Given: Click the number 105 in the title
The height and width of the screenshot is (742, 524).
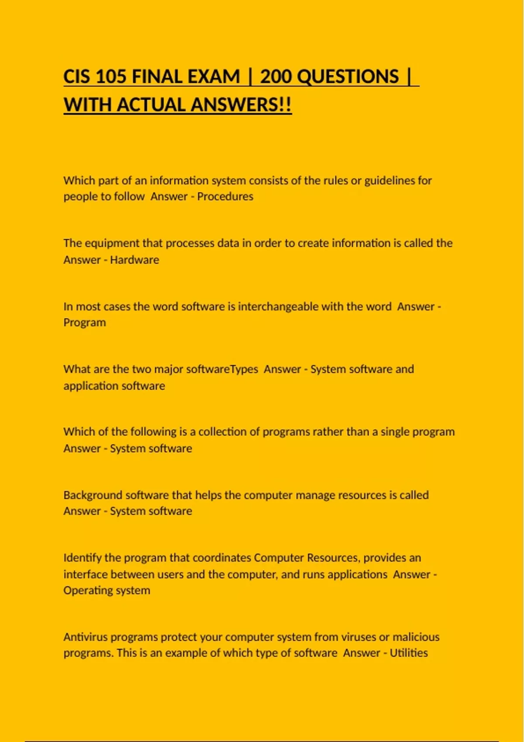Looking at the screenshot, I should (110, 77).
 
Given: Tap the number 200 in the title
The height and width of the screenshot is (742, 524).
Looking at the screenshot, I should (276, 77).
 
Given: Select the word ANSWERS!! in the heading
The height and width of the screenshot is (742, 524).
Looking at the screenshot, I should (241, 105).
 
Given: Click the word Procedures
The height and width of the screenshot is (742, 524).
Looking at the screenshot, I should (225, 196).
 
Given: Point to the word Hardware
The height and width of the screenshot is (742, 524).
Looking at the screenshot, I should (134, 260).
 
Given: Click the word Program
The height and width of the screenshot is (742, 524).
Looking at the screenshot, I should (85, 323).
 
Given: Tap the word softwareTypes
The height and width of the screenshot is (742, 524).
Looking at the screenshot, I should (222, 369).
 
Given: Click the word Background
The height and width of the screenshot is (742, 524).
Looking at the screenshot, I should (93, 495).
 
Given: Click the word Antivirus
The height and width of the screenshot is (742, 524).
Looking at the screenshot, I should (86, 637).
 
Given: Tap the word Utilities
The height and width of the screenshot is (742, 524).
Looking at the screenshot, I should (409, 653).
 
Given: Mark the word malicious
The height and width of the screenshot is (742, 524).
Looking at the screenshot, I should (416, 637).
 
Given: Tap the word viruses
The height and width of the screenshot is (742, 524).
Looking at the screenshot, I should (359, 637).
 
